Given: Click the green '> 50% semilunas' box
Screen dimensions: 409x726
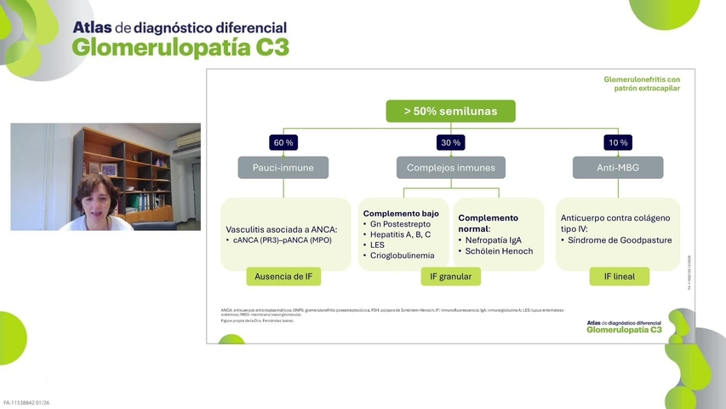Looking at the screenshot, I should (451, 112).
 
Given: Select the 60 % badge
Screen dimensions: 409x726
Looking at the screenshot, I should (283, 142).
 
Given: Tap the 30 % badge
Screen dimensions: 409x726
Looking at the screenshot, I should (451, 142).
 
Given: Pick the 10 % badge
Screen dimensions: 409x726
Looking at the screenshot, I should (618, 142).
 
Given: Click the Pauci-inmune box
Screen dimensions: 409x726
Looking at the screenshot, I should (283, 168).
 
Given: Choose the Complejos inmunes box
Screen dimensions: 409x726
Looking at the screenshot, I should (451, 168).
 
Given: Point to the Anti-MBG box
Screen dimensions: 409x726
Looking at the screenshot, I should (618, 168).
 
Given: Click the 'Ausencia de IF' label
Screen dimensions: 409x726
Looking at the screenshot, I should (283, 276).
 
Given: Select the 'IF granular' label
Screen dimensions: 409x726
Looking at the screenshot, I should (451, 276).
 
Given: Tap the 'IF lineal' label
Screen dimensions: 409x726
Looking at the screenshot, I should (618, 276).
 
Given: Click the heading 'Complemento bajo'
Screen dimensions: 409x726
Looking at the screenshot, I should (401, 213).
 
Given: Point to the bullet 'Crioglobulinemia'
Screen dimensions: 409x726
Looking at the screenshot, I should (403, 256).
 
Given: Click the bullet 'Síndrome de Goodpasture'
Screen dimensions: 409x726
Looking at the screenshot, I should (620, 240).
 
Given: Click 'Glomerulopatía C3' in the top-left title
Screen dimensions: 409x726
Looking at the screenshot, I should (180, 48).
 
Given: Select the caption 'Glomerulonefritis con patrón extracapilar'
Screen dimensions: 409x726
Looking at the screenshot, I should (642, 84).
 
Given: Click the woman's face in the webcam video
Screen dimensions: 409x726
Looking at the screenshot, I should (92, 195).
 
